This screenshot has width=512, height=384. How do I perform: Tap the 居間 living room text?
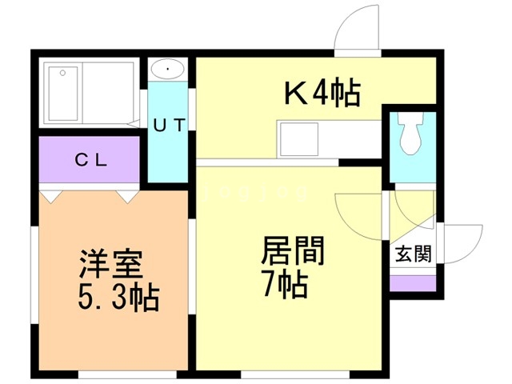(293, 252)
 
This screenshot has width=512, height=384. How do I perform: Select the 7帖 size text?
(285, 284)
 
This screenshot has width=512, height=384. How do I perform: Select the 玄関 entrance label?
(414, 255)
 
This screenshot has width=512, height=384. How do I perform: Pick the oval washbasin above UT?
(168, 69)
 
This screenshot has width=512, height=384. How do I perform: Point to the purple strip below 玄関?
(414, 282)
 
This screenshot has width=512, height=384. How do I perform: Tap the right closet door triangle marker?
(126, 194)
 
